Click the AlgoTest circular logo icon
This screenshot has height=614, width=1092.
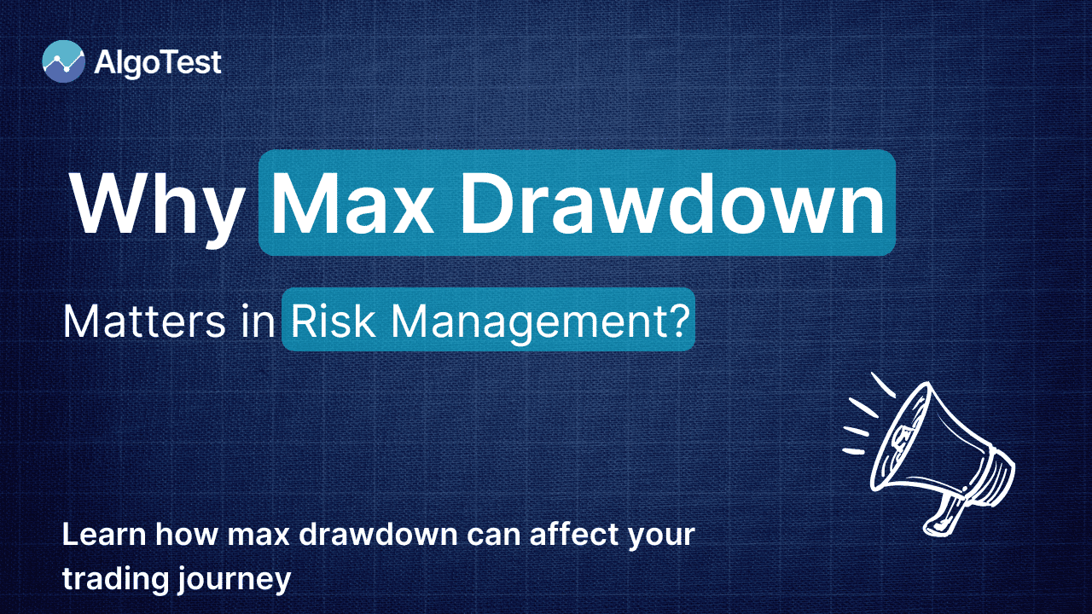[x=64, y=61]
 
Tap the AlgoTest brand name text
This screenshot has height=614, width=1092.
[x=159, y=62]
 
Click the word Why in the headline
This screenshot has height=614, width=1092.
[x=157, y=204]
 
